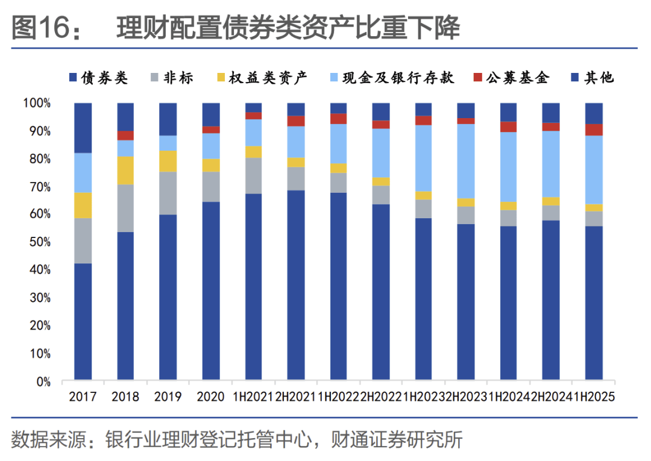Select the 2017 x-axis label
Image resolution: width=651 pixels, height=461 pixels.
pyautogui.click(x=83, y=397)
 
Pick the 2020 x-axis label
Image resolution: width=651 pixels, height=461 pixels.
pyautogui.click(x=210, y=397)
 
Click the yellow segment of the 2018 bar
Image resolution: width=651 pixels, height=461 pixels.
pyautogui.click(x=125, y=170)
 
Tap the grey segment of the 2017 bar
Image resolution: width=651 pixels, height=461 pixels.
pyautogui.click(x=83, y=240)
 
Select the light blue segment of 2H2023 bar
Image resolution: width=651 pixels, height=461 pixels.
pyautogui.click(x=466, y=160)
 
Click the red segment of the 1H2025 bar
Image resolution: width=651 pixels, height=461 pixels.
pyautogui.click(x=594, y=130)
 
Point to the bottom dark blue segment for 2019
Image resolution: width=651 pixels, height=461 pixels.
pyautogui.click(x=168, y=298)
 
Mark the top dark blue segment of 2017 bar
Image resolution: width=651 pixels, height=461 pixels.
pyautogui.click(x=83, y=128)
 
